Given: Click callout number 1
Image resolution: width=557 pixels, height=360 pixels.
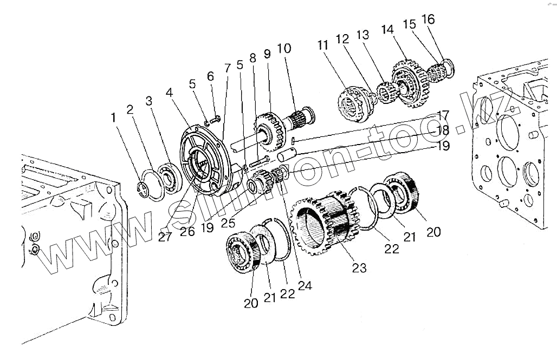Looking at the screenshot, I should tap(113, 116).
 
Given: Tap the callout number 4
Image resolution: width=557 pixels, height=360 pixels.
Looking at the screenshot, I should tap(170, 93).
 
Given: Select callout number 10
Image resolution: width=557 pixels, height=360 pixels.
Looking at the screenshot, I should tap(284, 49).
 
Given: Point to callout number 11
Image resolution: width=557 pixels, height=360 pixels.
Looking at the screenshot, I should tap(323, 45).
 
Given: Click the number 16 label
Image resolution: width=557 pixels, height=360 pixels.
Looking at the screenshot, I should tap(428, 19).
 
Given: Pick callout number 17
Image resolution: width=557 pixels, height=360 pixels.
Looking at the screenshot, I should tap(443, 115).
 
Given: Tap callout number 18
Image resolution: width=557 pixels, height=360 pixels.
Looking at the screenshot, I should tap(443, 130).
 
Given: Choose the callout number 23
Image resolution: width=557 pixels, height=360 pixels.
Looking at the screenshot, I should tap(359, 267).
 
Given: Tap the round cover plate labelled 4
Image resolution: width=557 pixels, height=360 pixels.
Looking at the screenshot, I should tap(203, 160).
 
